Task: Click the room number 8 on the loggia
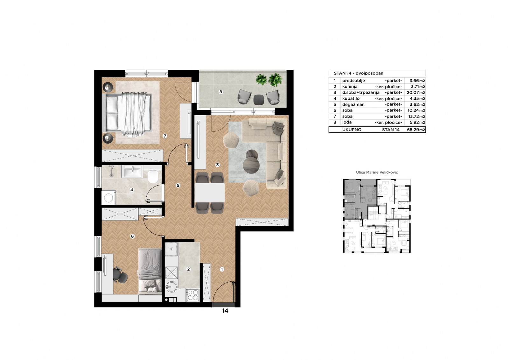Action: pos(220,92)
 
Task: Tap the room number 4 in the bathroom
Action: pos(132,190)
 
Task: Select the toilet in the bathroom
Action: pos(153,177)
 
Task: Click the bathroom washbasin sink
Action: pos(132,172)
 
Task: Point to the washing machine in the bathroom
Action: pos(108,198)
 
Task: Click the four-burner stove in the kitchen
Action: pos(193,295)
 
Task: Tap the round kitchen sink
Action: pos(171,287)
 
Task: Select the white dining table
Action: pos(210,193)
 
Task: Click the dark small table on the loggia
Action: pos(259,99)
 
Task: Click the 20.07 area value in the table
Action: pos(413,93)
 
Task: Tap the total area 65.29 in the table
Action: pos(413,130)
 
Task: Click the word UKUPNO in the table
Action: pos(352,130)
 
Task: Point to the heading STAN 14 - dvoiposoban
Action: pos(358,73)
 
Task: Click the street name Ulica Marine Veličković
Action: pos(377,173)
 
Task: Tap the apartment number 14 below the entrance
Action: pos(225,311)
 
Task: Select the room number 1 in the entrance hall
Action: pos(222,269)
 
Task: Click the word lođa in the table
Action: pos(347,122)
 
